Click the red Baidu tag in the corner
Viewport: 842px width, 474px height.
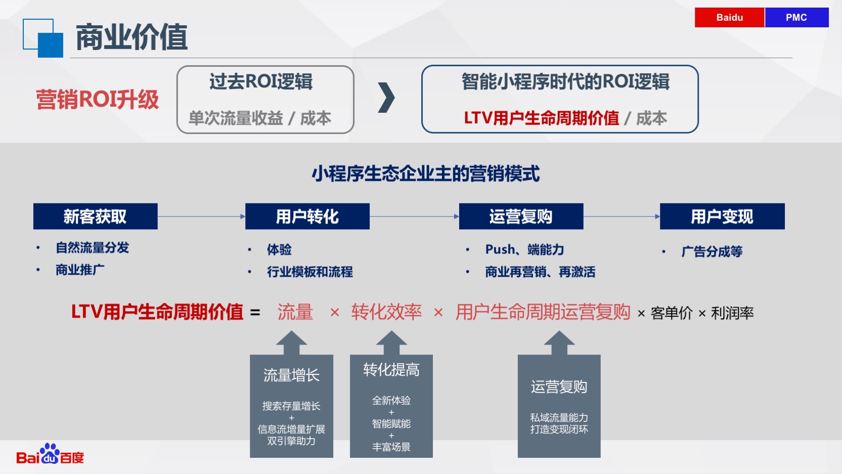(x=729, y=17)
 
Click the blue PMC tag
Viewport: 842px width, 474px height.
(x=796, y=17)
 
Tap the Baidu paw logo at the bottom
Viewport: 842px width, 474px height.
(x=50, y=454)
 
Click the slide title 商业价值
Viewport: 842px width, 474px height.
(x=131, y=37)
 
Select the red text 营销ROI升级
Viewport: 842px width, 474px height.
(x=98, y=100)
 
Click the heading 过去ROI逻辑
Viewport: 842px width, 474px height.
(x=261, y=81)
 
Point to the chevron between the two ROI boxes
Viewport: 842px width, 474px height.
(x=386, y=98)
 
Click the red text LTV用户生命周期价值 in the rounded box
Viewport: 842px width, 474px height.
(x=541, y=118)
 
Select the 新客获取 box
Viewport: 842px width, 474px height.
(x=96, y=217)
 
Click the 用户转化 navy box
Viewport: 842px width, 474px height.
(x=307, y=217)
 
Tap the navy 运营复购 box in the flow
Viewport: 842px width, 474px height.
(x=521, y=217)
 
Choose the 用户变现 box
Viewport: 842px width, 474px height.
(x=722, y=217)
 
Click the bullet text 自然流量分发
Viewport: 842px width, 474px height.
(x=93, y=248)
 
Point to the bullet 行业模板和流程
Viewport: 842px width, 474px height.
(x=309, y=272)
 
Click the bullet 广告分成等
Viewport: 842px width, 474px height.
(x=712, y=251)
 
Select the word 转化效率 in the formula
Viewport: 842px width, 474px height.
(x=386, y=312)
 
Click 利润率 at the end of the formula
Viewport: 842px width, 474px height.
(x=732, y=313)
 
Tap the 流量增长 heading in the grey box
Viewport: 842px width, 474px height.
(x=291, y=375)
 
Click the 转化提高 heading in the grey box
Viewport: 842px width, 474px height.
(x=391, y=369)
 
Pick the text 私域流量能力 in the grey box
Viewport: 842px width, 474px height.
(x=559, y=418)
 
